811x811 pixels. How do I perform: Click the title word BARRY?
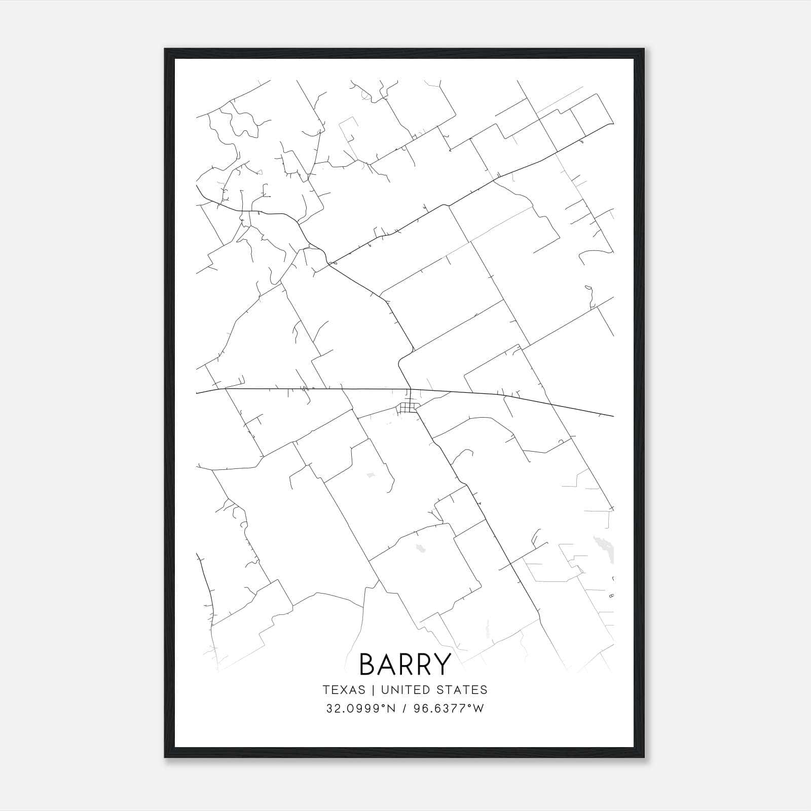click(x=405, y=664)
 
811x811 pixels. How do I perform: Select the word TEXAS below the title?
click(x=344, y=690)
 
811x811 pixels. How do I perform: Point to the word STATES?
click(x=462, y=690)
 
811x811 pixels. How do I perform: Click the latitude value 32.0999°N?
click(x=360, y=709)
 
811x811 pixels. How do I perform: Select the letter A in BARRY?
click(x=386, y=664)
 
